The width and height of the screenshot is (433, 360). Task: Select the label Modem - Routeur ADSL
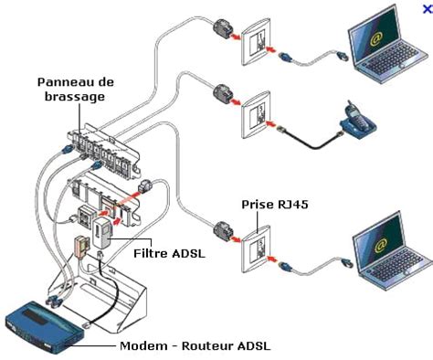tap(195, 346)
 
